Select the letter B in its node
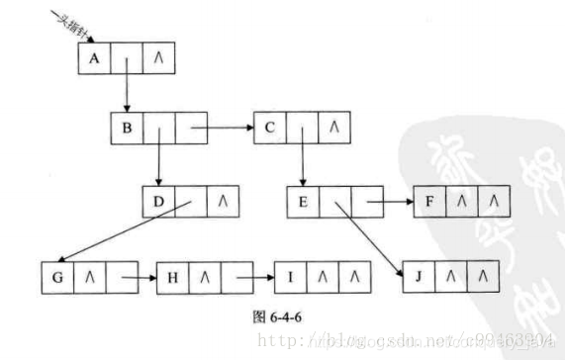pos(127,127)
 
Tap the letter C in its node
pos(269,127)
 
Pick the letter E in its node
pos(303,202)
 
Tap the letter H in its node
pos(173,276)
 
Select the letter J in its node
pos(419,276)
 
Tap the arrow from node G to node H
pos(137,277)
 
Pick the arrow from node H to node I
pos(253,277)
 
